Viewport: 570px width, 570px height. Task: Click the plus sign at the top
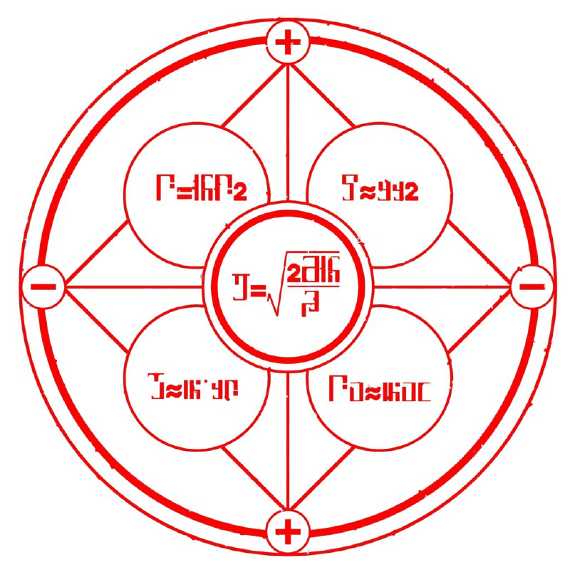(288, 43)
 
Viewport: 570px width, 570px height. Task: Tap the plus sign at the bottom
(288, 532)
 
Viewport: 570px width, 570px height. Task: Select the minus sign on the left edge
(43, 288)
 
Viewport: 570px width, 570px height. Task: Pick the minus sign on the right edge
(532, 287)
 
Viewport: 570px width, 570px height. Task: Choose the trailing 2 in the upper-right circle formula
(408, 192)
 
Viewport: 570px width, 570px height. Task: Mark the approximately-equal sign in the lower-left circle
(173, 389)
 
